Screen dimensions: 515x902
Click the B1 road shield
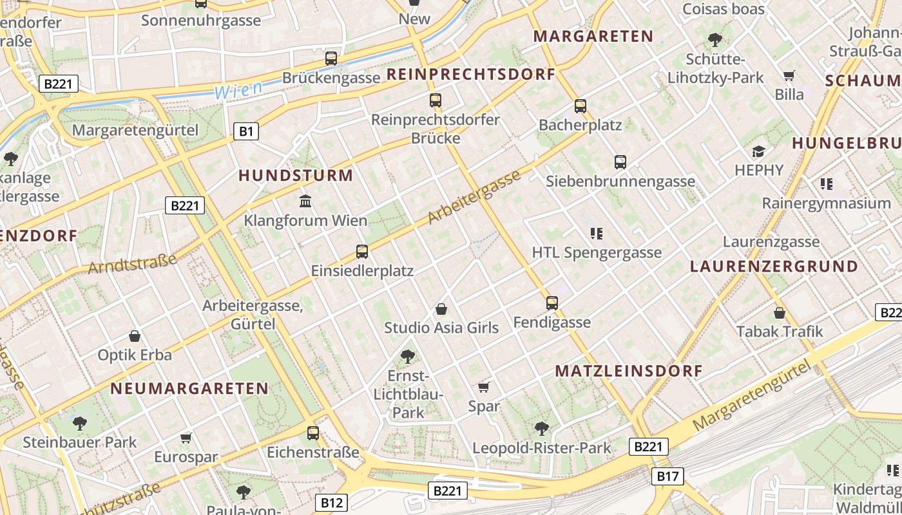(x=245, y=132)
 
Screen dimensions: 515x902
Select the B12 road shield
(x=332, y=503)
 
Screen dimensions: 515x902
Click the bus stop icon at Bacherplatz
(x=581, y=106)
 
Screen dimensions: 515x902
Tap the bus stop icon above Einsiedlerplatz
(x=362, y=252)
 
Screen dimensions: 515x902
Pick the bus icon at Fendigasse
(x=552, y=303)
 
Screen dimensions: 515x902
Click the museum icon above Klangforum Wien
(x=305, y=201)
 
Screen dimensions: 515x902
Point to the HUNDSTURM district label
(x=296, y=175)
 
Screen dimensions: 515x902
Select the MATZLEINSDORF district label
(x=628, y=371)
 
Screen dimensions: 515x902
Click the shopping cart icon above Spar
(x=484, y=387)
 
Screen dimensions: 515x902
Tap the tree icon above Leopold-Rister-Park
(x=542, y=428)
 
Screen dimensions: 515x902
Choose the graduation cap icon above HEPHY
(x=759, y=152)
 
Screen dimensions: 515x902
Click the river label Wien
(x=238, y=90)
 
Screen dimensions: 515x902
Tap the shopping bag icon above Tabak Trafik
(x=780, y=313)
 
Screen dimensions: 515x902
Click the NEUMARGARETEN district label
(x=189, y=388)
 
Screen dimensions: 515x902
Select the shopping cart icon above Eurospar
(x=186, y=438)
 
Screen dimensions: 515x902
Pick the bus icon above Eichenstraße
(x=313, y=433)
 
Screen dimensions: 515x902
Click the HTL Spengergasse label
(x=597, y=252)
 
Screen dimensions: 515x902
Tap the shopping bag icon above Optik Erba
(x=135, y=336)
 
